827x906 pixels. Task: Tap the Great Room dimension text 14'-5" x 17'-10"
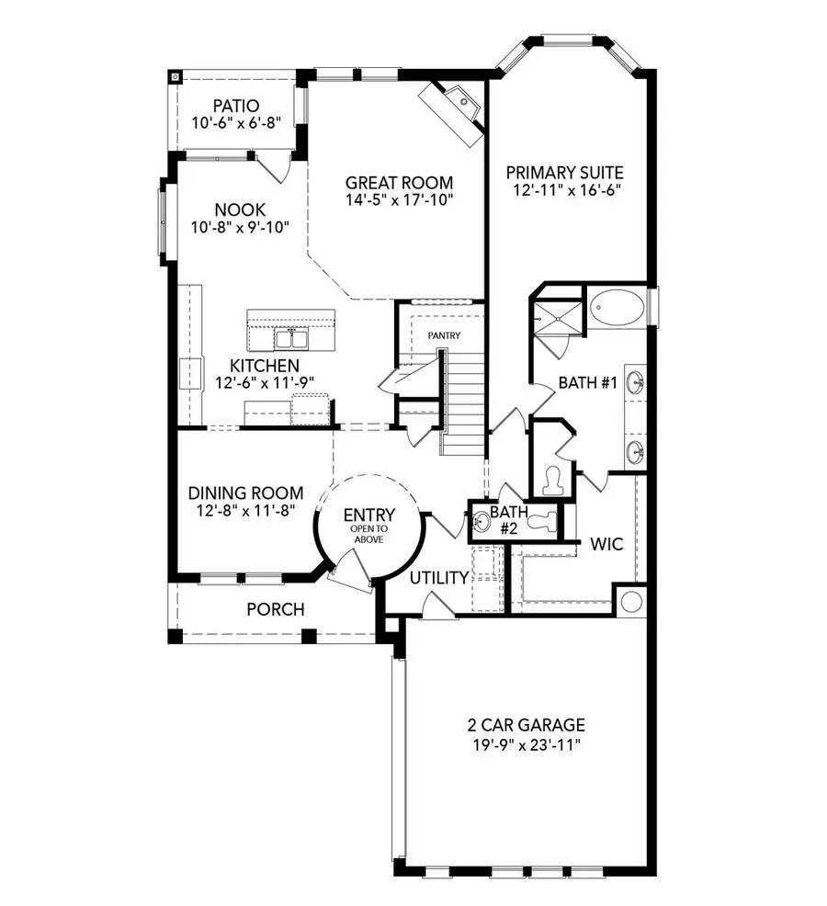[x=399, y=199]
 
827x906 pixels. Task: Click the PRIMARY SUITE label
[x=565, y=172]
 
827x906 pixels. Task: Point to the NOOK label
[x=240, y=210]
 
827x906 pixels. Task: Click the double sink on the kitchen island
[x=291, y=339]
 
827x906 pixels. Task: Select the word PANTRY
[x=444, y=336]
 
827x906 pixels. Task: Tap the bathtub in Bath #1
[x=616, y=309]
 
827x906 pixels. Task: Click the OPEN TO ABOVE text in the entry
[x=368, y=534]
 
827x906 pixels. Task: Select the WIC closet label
[x=606, y=544]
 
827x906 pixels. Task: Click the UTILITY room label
[x=439, y=577]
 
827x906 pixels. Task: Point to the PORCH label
[x=275, y=609]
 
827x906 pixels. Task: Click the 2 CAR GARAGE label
[x=525, y=725]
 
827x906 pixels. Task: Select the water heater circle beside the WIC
[x=631, y=601]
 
